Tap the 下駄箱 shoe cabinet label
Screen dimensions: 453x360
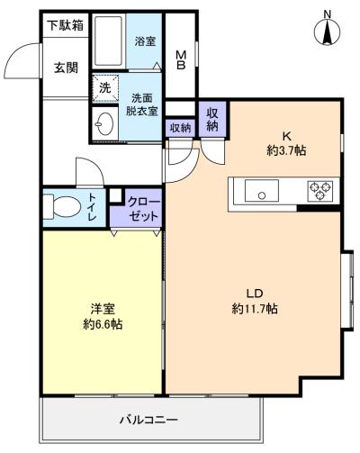coord(65,25)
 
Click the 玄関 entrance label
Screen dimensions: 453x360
coord(65,67)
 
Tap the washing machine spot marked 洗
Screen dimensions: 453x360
coord(104,88)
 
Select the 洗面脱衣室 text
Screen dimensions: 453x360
coord(143,104)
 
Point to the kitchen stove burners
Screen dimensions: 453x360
coord(319,191)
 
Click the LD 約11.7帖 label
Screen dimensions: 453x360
coord(254,300)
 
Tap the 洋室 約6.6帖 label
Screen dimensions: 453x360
coord(101,315)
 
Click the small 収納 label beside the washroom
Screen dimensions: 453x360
coord(180,128)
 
